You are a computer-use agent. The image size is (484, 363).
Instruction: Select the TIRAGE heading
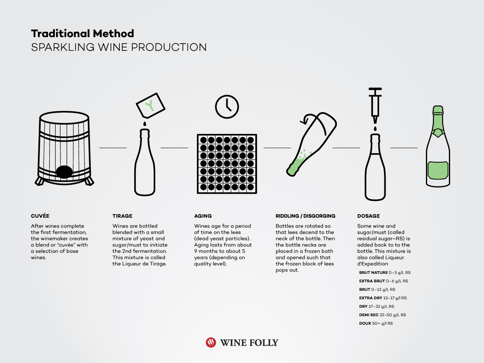[122, 216]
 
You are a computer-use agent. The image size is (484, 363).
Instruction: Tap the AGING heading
[203, 216]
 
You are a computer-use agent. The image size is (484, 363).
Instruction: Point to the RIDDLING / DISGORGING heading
[305, 216]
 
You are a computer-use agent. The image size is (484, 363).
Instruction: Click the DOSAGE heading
[369, 216]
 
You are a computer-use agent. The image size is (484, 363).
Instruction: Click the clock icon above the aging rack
[227, 106]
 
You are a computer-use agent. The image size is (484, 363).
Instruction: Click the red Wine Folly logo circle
[211, 342]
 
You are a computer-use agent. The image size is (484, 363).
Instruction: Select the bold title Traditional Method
[82, 33]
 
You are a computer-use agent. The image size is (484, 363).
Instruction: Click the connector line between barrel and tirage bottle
[113, 148]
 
